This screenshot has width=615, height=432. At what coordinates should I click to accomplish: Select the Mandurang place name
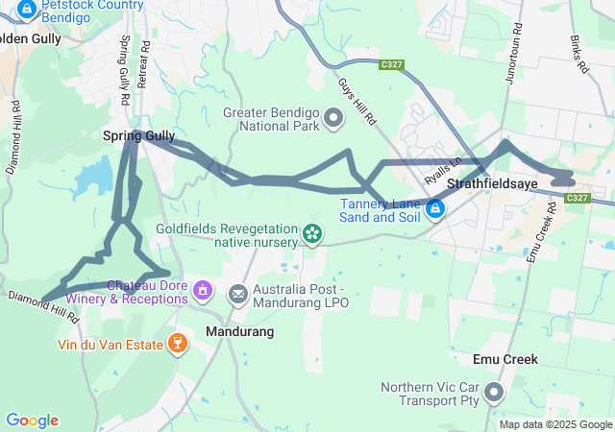(240, 331)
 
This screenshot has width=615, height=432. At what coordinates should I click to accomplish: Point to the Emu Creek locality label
(505, 359)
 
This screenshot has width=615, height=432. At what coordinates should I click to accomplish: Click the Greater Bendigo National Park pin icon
(333, 118)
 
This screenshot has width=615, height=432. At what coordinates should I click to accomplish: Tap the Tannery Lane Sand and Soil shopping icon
(434, 207)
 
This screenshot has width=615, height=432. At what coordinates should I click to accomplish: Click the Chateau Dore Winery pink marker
(202, 289)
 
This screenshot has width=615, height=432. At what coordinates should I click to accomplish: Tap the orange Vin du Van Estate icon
(177, 343)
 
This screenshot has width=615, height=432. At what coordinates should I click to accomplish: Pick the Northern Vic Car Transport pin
(494, 392)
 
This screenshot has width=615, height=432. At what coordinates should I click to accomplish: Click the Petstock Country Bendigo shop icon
(27, 10)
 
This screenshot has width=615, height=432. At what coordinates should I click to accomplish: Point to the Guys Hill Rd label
(356, 102)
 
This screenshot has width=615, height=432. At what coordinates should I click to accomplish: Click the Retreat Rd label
(145, 65)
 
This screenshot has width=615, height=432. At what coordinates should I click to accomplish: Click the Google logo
(32, 420)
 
